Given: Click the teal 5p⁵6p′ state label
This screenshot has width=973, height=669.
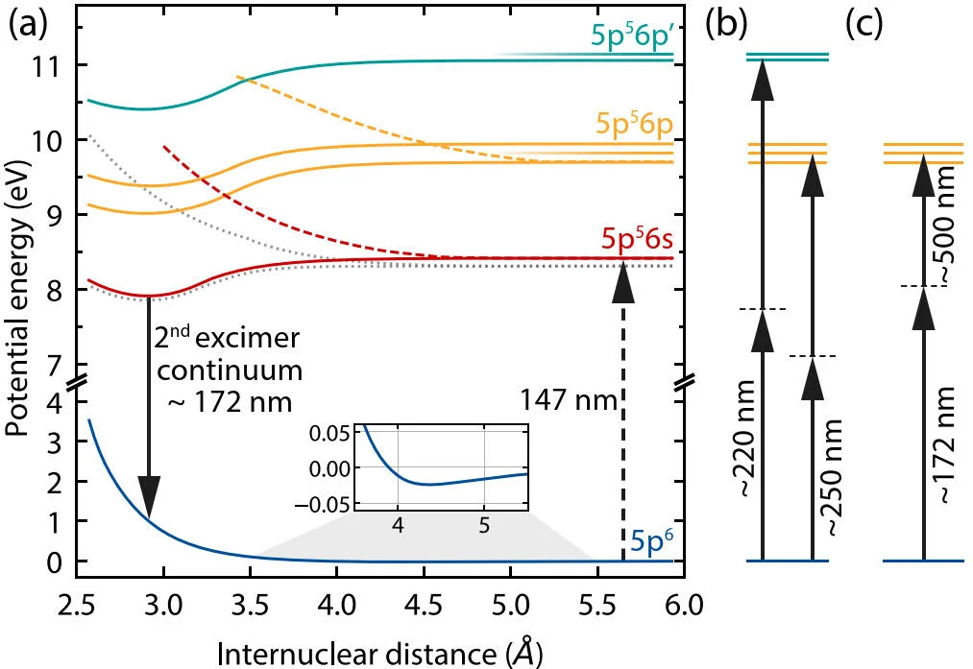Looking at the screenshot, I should click(x=633, y=37).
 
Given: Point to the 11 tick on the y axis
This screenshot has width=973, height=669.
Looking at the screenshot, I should click(x=48, y=65).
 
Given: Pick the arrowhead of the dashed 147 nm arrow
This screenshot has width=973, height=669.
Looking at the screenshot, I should click(x=623, y=279).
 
